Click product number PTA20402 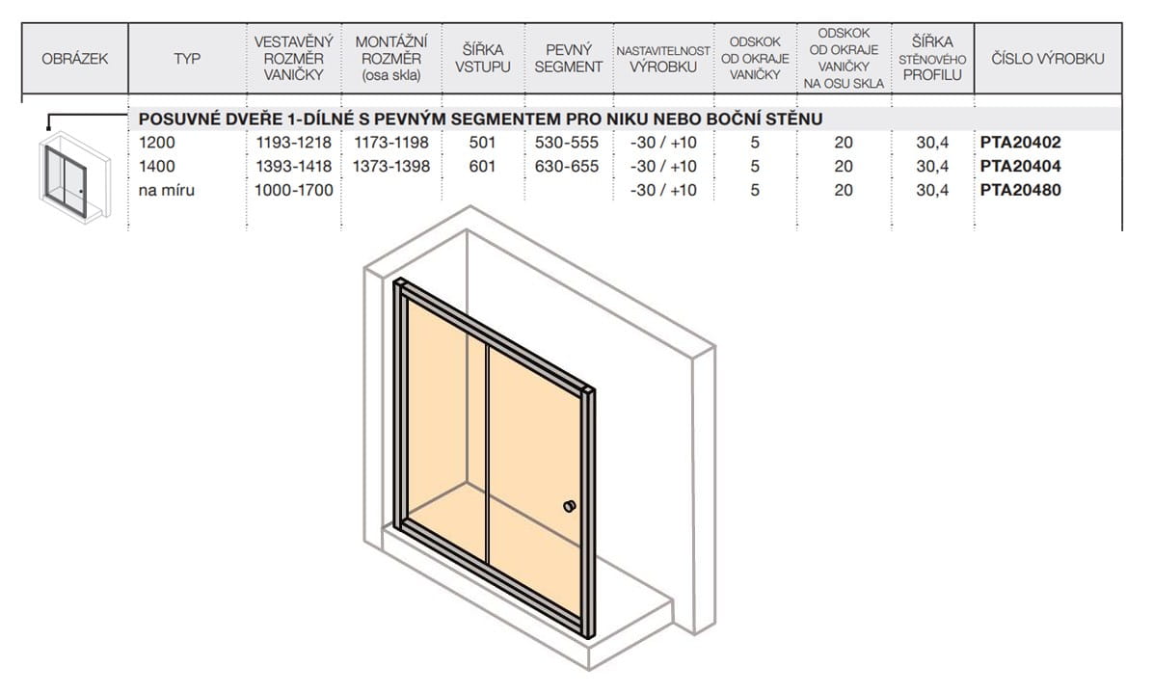1020,142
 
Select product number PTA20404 1020,166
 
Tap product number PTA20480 1020,190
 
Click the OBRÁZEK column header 75,59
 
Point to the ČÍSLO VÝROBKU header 1048,59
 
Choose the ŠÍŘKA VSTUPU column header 482,58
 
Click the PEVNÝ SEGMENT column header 569,58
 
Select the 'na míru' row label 166,190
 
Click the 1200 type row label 156,142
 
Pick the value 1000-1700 294,190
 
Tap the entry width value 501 482,142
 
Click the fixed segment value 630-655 567,166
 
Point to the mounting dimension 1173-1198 391,142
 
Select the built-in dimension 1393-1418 294,166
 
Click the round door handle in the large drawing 569,506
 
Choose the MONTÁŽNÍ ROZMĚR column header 391,58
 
